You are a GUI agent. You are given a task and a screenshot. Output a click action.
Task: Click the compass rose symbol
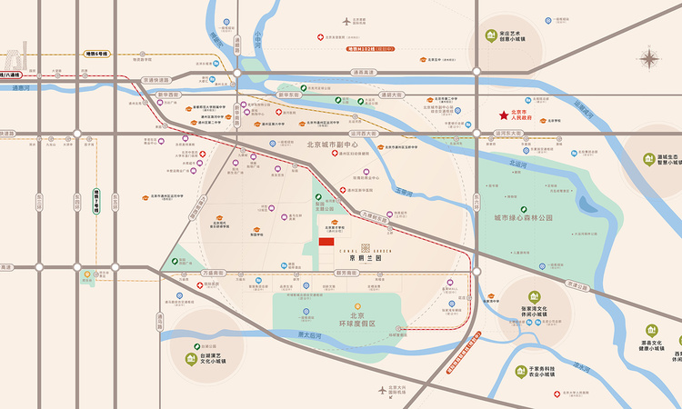pos(649,60)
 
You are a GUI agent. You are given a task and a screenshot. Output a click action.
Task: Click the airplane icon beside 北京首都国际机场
pos(346,20)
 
